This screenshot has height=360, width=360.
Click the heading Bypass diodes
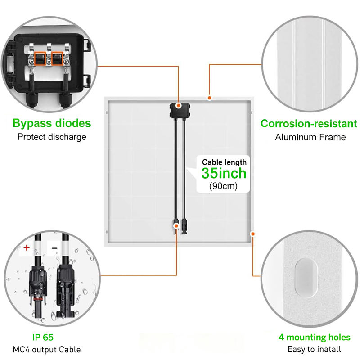pos(52,123)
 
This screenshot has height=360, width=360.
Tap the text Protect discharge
pos(52,137)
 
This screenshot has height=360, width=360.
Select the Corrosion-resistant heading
pos(309,124)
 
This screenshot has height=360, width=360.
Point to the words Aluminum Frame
pos(310,137)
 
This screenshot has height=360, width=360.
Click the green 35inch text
pos(224,173)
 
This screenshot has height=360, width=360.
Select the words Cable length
pos(224,162)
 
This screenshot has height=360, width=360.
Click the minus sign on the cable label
pos(54,248)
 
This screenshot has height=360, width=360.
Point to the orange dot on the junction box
pos(180,105)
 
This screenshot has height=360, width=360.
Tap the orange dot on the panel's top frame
pos(209,98)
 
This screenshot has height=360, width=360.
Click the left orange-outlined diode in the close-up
pos(38,59)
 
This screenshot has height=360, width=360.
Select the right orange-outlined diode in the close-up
pos(57,59)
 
